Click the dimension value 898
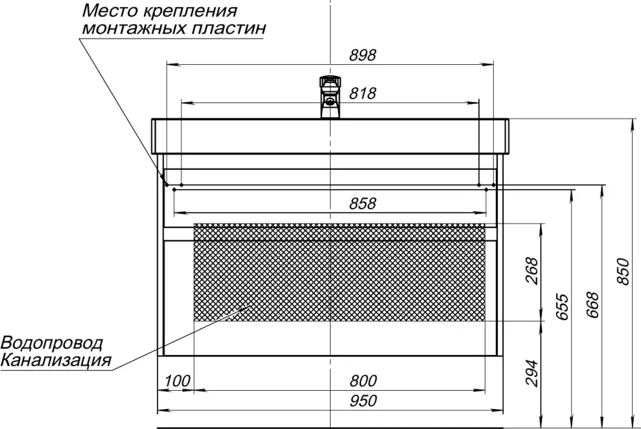(x=362, y=55)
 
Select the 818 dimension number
(x=362, y=93)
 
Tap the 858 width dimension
(x=362, y=203)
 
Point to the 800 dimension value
(x=363, y=381)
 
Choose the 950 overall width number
(x=363, y=400)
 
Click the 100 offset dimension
(x=177, y=381)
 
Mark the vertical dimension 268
(x=531, y=270)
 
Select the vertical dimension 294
(x=531, y=373)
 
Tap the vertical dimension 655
(x=563, y=307)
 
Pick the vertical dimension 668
(x=592, y=305)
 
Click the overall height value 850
(x=622, y=272)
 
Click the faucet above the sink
(x=330, y=97)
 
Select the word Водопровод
(x=51, y=343)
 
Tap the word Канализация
(x=56, y=360)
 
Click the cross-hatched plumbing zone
(x=340, y=272)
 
